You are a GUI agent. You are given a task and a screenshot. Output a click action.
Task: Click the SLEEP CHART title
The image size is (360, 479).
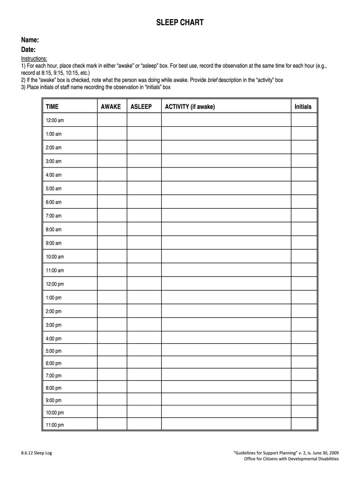[x=180, y=22]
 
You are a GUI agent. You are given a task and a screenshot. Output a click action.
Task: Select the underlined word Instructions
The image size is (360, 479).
[x=34, y=58]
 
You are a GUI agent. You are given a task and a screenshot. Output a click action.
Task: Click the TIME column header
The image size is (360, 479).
[x=52, y=107]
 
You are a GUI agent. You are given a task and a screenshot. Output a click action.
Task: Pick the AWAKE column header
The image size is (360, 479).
[x=111, y=107]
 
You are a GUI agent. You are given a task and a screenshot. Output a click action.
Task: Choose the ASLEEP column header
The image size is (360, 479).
[x=141, y=107]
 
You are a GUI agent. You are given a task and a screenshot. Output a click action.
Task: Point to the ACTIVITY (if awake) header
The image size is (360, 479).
[x=190, y=107]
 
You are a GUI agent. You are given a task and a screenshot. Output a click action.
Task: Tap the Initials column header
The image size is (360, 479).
[x=303, y=107]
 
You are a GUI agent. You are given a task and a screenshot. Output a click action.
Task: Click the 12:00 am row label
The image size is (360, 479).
[x=55, y=120]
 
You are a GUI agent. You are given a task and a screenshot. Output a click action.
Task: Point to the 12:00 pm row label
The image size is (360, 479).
[x=55, y=284]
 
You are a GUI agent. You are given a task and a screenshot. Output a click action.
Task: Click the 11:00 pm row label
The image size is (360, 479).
[x=55, y=425]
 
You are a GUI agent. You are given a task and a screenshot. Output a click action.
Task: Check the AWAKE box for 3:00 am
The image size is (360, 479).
[x=112, y=161]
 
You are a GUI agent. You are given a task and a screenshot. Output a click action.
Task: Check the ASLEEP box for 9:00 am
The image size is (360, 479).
[x=144, y=243]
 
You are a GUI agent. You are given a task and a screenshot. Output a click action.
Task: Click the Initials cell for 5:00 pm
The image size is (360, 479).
[x=304, y=351]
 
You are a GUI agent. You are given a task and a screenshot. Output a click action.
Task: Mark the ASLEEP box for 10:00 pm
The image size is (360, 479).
[x=144, y=413]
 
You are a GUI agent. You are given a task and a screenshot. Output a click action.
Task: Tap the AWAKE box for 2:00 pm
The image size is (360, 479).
[x=112, y=311]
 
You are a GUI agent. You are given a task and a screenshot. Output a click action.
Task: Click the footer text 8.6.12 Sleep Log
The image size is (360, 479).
[x=36, y=453]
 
